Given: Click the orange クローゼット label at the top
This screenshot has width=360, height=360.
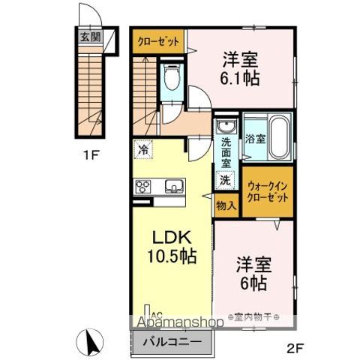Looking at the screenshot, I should click(x=158, y=40).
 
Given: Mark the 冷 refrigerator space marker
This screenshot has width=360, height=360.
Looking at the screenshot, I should click(x=142, y=149).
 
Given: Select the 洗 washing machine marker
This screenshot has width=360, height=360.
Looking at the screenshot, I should click(x=224, y=181).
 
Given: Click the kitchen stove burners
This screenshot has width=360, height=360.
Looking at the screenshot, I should click(x=143, y=187).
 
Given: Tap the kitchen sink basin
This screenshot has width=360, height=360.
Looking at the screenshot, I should click(x=172, y=187).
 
